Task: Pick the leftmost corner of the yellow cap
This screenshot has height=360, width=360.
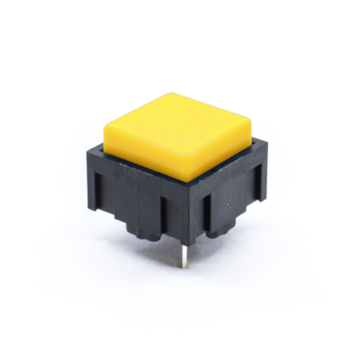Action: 105,124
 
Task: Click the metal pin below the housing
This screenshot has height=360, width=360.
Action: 182,253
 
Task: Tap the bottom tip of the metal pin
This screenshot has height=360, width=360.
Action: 182,266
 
